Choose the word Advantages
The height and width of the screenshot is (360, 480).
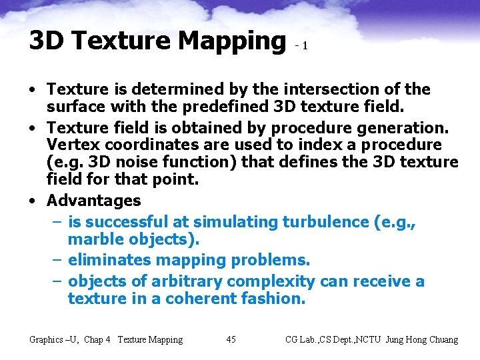coord(94,201)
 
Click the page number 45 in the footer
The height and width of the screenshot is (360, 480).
coord(231,340)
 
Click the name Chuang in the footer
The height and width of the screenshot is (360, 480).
coord(441,340)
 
